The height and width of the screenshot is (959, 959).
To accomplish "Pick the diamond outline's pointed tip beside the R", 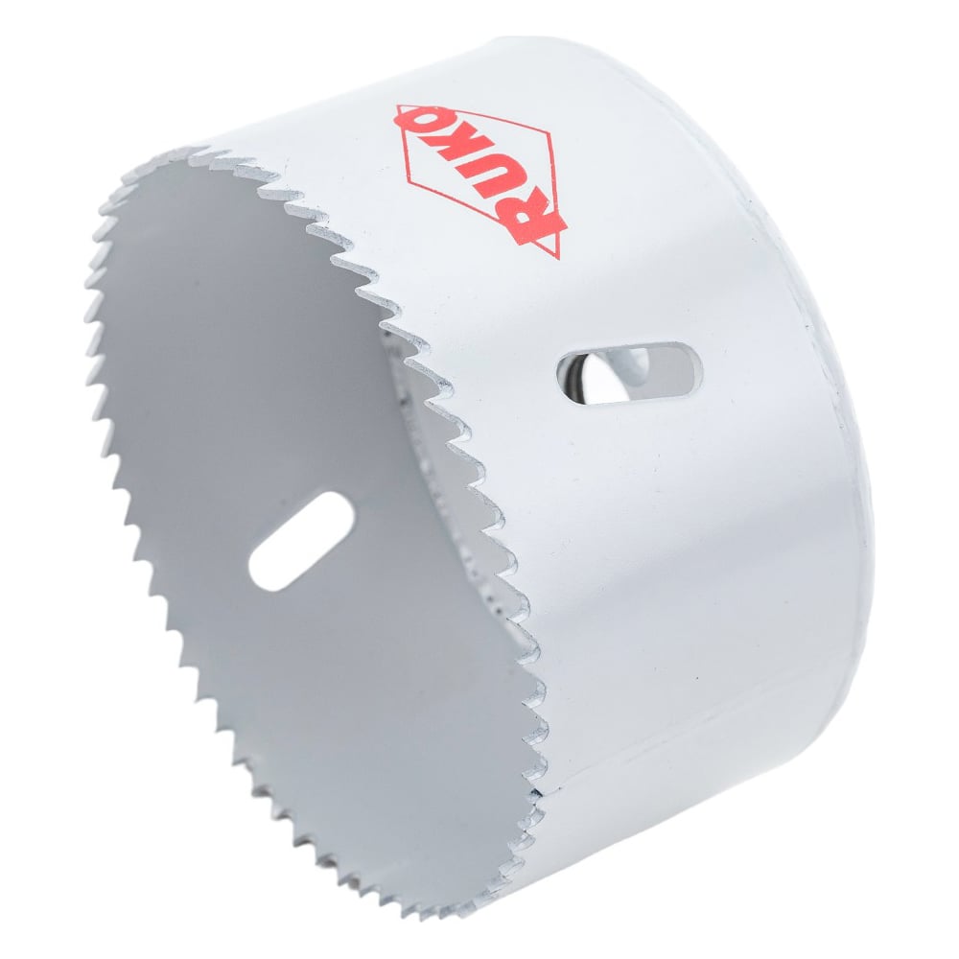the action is tap(557, 257).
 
